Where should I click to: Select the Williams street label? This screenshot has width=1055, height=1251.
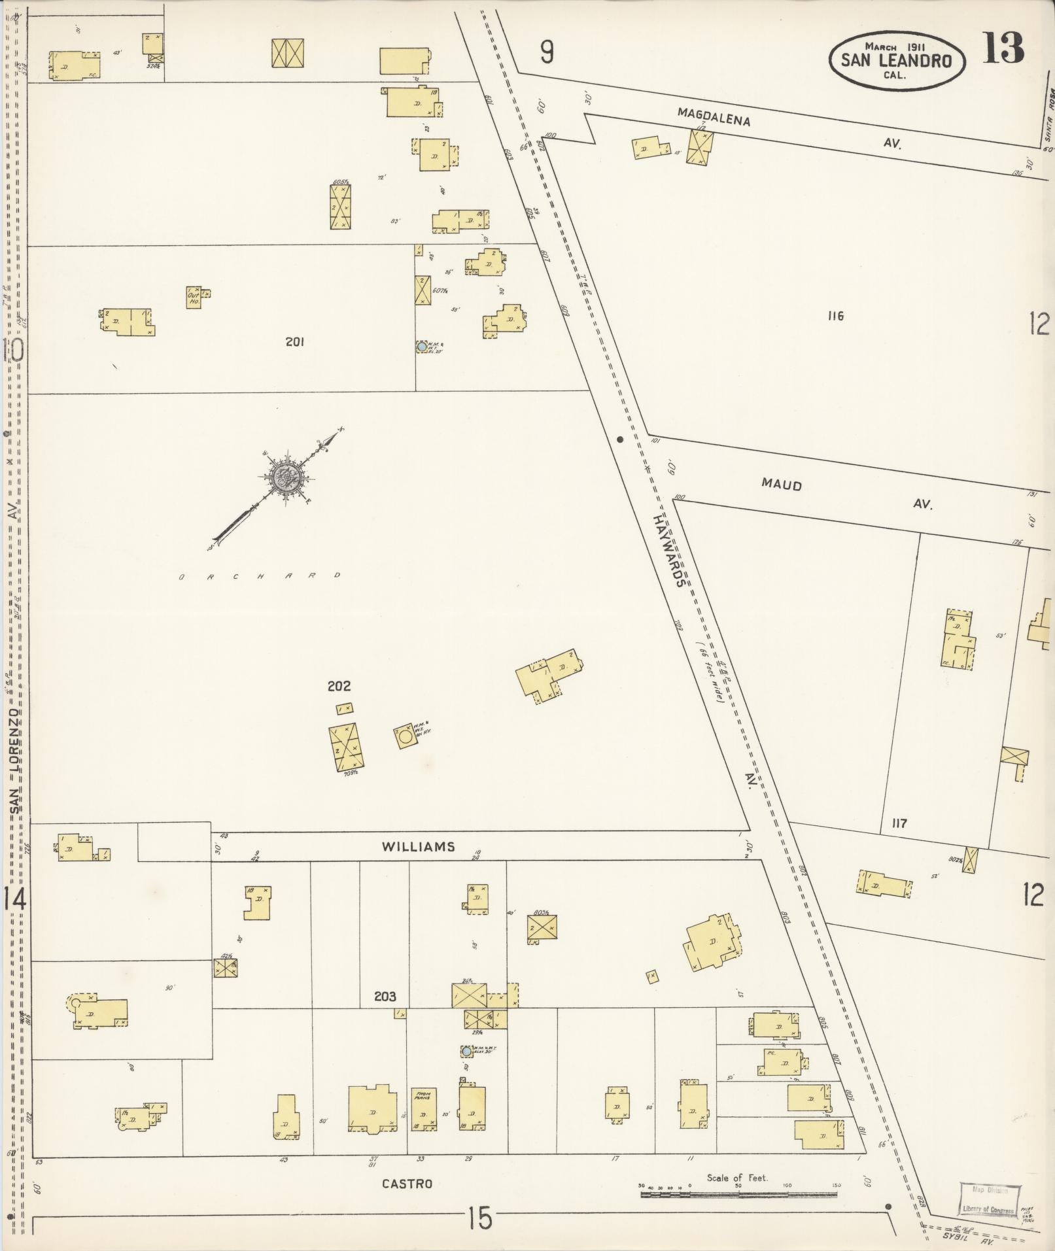(x=419, y=847)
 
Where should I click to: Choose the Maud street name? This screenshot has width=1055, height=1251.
(x=782, y=485)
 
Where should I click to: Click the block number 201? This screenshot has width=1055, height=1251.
(x=294, y=341)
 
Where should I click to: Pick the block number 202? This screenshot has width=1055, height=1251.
(x=339, y=686)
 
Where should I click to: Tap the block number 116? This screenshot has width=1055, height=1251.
(x=835, y=317)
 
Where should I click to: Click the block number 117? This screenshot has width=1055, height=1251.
(x=899, y=823)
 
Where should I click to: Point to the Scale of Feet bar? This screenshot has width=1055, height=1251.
(x=738, y=1194)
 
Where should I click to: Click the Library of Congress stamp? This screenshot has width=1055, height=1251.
(x=988, y=1200)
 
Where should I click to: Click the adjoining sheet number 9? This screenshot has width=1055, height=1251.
(x=547, y=52)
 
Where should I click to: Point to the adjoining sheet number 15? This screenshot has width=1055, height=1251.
(x=479, y=1218)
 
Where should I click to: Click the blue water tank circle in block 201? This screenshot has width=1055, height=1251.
(x=423, y=346)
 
